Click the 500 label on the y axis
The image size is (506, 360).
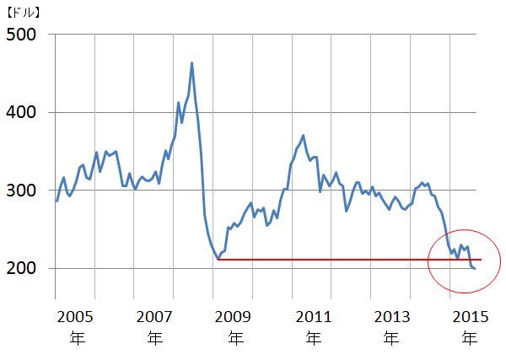tap(23, 35)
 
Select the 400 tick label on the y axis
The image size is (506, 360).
tap(23, 112)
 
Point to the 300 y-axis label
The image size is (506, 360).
tap(23, 191)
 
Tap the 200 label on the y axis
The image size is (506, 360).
tap(23, 268)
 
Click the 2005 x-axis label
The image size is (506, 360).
tap(72, 317)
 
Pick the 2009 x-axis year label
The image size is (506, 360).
tap(235, 317)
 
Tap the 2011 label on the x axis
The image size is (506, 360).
tap(314, 317)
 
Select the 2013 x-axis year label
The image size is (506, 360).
tap(390, 317)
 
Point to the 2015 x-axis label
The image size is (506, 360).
tap(469, 317)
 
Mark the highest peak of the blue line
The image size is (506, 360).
tap(192, 62)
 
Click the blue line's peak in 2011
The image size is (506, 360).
tap(303, 135)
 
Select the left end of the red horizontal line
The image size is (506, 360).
tap(218, 260)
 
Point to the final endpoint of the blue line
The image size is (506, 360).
tap(475, 269)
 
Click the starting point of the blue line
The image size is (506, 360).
tap(57, 201)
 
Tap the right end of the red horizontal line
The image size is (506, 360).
tap(481, 260)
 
